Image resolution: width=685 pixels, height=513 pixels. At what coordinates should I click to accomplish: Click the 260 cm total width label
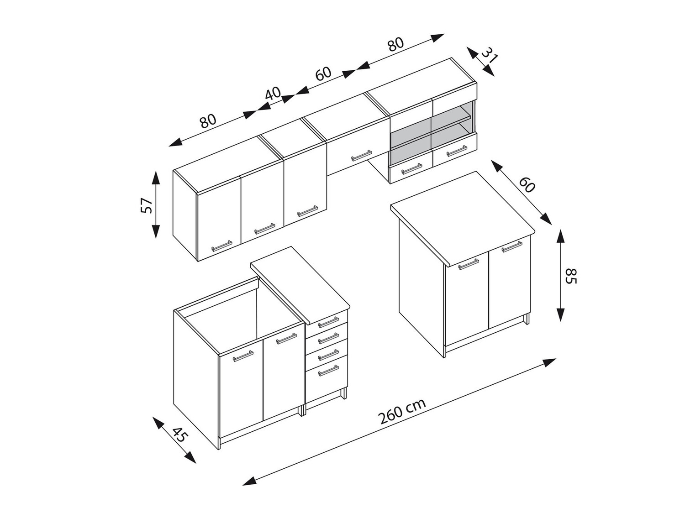click(x=402, y=411)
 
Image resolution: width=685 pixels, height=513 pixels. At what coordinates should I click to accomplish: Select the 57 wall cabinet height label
click(x=146, y=205)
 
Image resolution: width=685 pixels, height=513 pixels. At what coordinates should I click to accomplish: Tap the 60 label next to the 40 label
click(x=323, y=74)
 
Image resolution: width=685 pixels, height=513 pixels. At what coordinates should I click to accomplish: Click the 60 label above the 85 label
click(x=527, y=184)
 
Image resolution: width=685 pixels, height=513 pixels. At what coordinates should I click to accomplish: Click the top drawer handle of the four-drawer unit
click(x=328, y=322)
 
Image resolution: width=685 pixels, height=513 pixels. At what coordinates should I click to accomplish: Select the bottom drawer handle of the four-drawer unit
click(x=328, y=372)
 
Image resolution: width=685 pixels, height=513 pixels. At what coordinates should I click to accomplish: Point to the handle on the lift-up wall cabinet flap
click(x=361, y=156)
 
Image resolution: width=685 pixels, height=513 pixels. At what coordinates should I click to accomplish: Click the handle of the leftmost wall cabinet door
click(x=222, y=246)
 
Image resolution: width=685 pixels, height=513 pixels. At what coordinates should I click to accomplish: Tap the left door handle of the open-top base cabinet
click(x=243, y=356)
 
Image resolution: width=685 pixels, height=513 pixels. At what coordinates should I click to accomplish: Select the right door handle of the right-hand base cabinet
click(x=511, y=246)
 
